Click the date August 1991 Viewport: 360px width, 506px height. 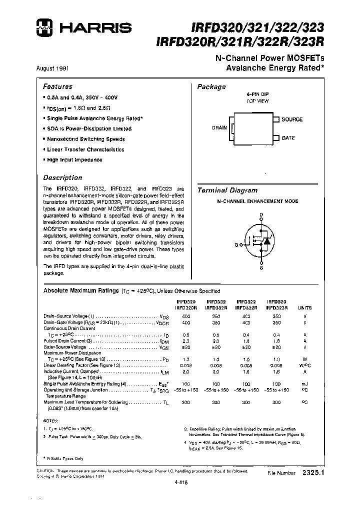pyautogui.click(x=53, y=67)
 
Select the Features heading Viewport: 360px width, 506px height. pyautogui.click(x=57, y=86)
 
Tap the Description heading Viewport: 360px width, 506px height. pyautogui.click(x=62, y=177)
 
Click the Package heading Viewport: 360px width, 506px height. pyautogui.click(x=211, y=87)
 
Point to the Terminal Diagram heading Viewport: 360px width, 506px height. pyautogui.click(x=227, y=190)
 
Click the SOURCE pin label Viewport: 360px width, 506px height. pyautogui.click(x=292, y=119)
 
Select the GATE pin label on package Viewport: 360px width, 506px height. pyautogui.click(x=288, y=138)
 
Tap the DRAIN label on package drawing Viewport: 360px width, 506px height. pyautogui.click(x=219, y=128)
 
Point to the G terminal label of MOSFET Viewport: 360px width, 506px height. pyautogui.click(x=236, y=244)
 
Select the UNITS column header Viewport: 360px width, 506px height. pyautogui.click(x=304, y=308)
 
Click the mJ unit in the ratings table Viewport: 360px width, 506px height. pyautogui.click(x=304, y=383)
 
